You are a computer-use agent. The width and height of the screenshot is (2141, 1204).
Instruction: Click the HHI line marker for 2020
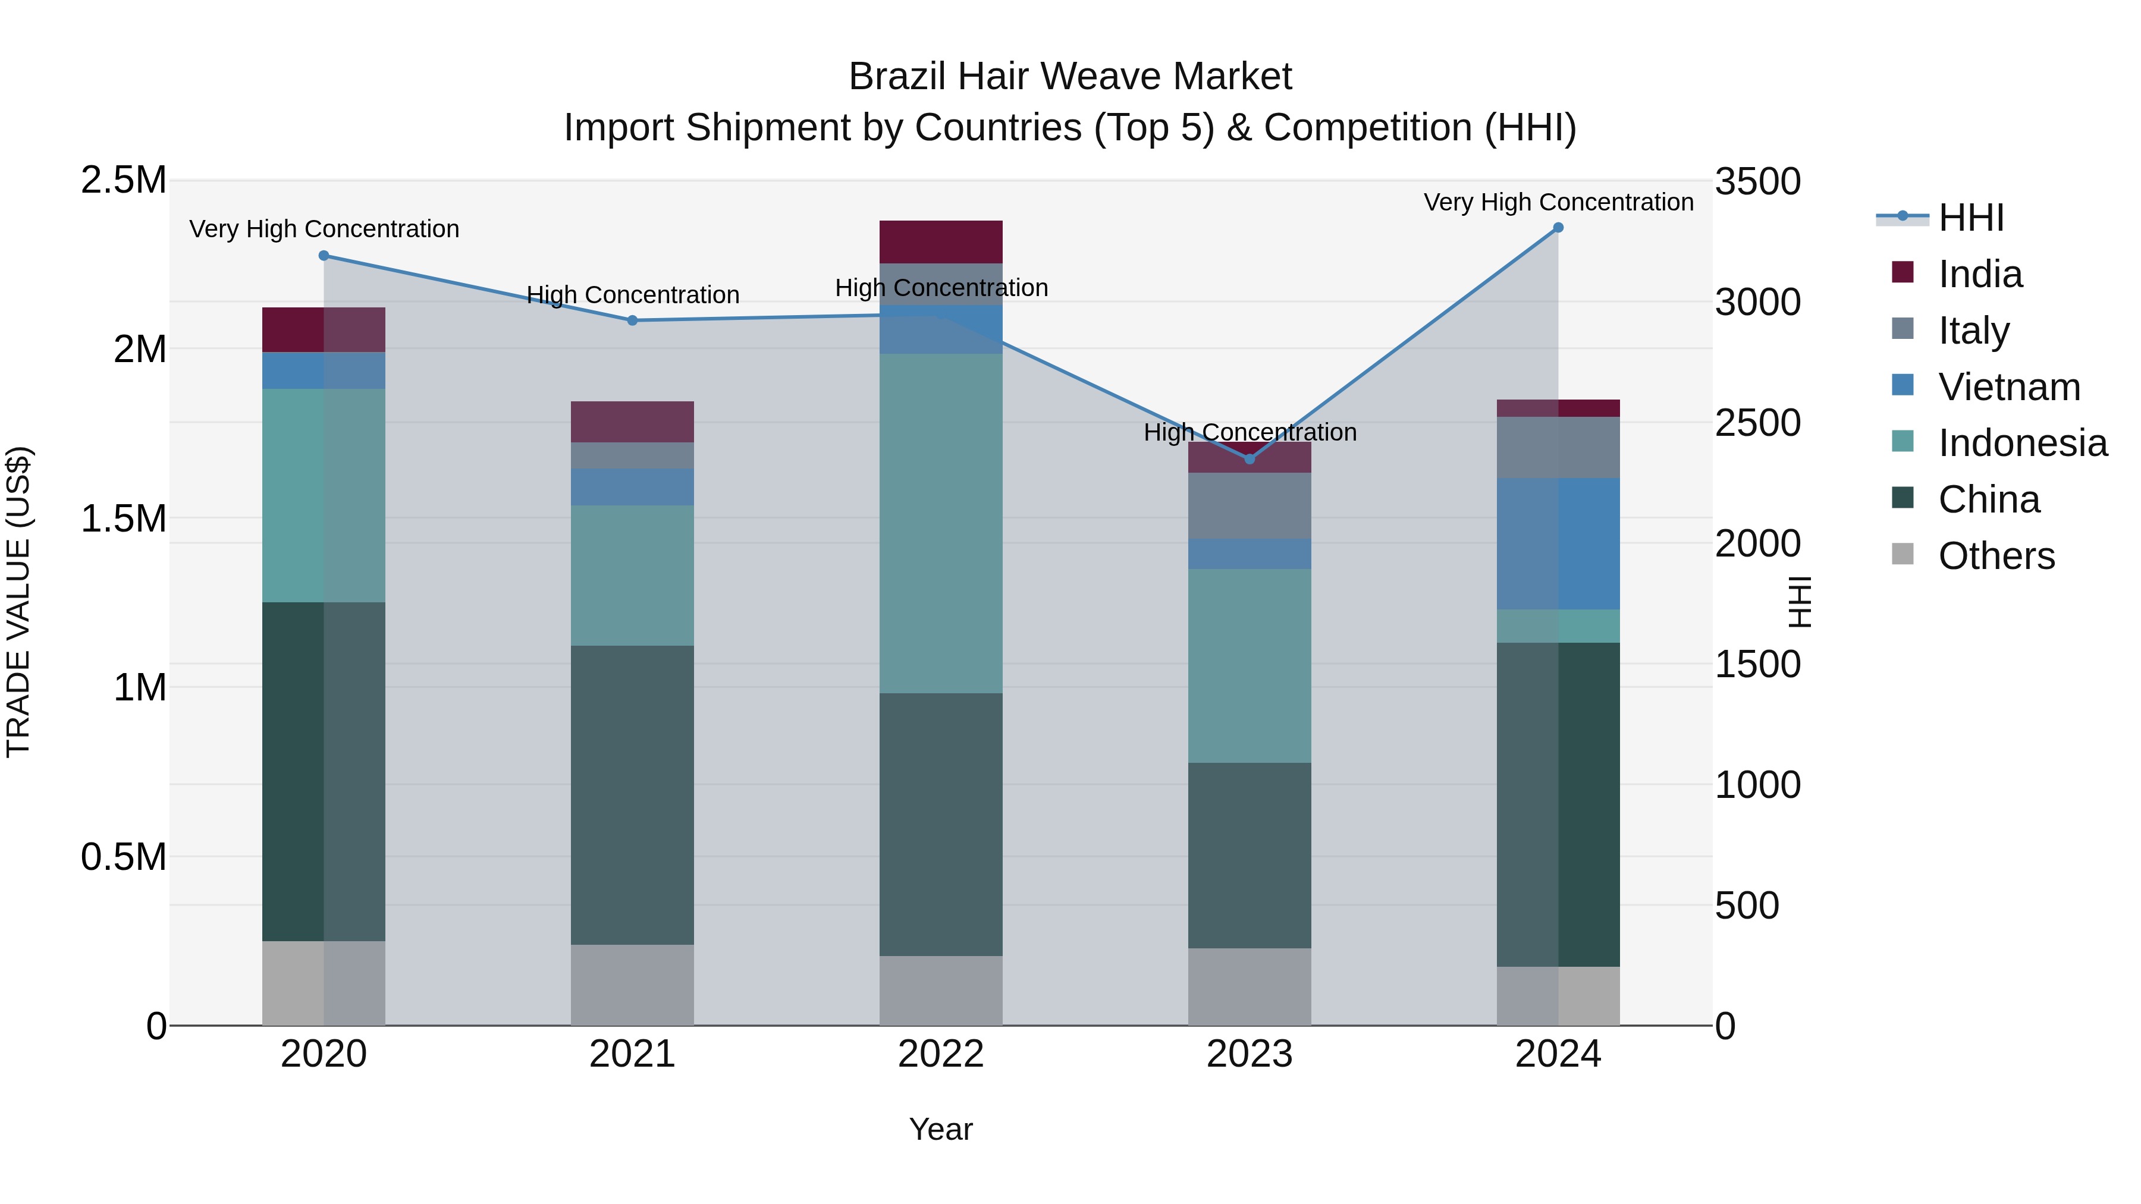(x=324, y=256)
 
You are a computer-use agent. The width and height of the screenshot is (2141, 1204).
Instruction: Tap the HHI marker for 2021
(x=633, y=320)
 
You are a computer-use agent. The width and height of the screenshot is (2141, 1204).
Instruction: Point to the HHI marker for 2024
(x=1558, y=228)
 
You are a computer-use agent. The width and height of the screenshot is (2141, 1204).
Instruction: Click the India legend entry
(x=1980, y=274)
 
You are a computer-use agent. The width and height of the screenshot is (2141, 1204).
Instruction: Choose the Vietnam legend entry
(x=2009, y=387)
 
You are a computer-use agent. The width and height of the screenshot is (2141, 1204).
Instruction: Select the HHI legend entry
(x=1971, y=218)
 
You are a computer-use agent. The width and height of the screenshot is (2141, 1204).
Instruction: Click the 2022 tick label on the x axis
(x=941, y=1054)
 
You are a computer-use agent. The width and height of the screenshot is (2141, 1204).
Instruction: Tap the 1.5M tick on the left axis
(x=123, y=518)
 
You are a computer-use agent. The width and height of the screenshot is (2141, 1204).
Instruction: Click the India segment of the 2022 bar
(x=941, y=242)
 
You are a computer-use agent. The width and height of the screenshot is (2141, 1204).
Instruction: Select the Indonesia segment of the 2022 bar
(x=941, y=523)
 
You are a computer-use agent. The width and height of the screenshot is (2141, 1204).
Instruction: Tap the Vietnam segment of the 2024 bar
(x=1558, y=543)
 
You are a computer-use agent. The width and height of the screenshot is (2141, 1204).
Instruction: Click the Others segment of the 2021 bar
(x=633, y=985)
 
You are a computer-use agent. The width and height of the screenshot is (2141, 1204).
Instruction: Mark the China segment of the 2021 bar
(x=633, y=794)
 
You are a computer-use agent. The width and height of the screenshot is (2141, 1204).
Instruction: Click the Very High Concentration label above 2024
(x=1558, y=203)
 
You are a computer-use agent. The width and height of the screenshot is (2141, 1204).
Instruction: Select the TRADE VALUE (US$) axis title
(x=18, y=602)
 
